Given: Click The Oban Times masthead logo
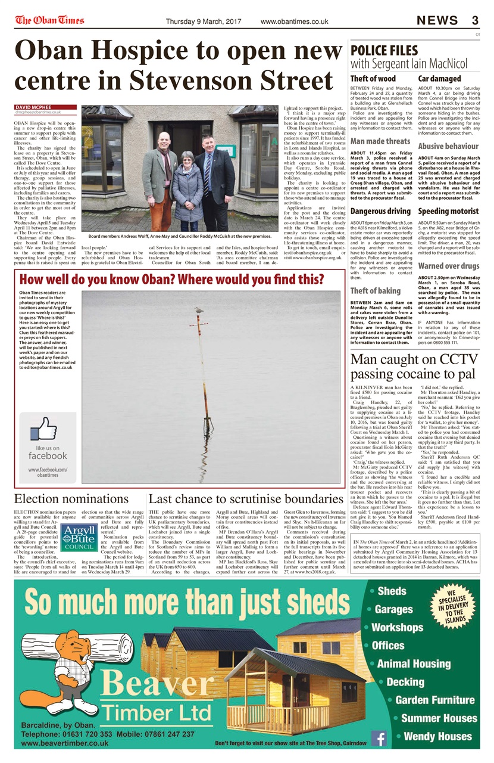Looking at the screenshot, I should click(49, 20).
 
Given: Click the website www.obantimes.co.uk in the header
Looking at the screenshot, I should click(294, 21).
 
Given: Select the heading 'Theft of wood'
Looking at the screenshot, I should click(373, 78).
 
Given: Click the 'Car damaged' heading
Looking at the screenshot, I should click(439, 78).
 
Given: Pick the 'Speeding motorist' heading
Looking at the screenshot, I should click(448, 211).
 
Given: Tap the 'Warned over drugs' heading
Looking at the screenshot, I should click(448, 265).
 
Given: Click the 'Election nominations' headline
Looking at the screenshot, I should click(71, 499).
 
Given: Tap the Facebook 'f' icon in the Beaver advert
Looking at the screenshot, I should click(379, 739).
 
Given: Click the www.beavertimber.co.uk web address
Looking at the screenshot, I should click(65, 743).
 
